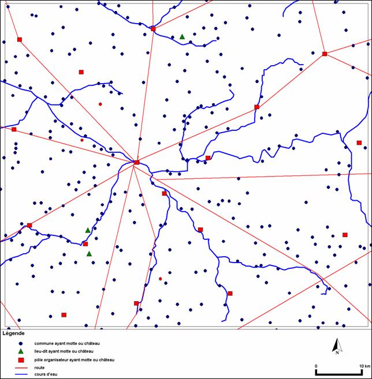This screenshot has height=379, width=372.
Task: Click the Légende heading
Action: (14, 333)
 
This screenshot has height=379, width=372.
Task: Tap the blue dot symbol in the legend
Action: (21, 343)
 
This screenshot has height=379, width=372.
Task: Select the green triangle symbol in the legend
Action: (21, 351)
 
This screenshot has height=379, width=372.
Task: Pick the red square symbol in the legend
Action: (21, 360)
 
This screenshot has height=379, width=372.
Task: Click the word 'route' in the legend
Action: (39, 367)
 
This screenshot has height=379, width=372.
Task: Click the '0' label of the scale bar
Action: (316, 366)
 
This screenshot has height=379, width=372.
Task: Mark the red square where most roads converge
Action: (136, 163)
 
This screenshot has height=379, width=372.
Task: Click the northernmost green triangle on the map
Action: (182, 37)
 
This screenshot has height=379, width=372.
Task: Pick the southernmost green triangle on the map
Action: (89, 254)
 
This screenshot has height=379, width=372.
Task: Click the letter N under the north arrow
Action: (336, 352)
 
